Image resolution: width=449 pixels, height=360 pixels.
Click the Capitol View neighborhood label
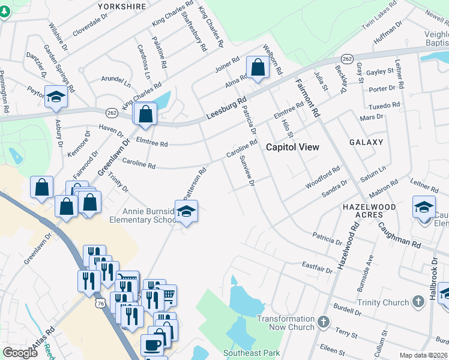(292, 147)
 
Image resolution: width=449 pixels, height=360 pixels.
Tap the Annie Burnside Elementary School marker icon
(186, 212)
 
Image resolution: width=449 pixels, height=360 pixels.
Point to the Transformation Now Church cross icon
(324, 323)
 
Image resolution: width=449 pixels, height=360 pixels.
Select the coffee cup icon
(151, 345)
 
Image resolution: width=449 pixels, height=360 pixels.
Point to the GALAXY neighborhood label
(367, 142)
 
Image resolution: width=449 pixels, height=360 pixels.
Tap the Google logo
(20, 353)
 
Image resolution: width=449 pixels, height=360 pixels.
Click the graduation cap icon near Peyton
(56, 97)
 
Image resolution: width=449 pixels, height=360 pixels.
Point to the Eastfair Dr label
(317, 266)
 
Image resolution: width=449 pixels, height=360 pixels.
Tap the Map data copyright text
(424, 355)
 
